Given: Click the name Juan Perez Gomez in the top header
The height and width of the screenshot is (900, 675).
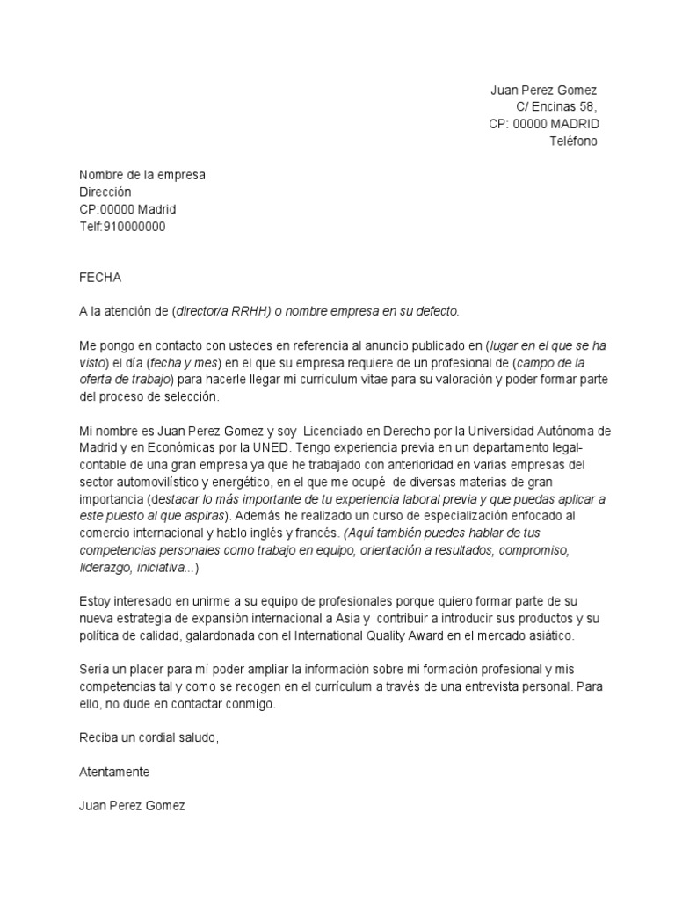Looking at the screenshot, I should (x=542, y=91).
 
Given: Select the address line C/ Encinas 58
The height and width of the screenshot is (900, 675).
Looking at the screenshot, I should (x=556, y=108).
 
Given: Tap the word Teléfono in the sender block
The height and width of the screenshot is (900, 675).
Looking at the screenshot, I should (x=573, y=142).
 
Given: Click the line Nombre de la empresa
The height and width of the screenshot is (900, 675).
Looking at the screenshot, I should (x=142, y=175).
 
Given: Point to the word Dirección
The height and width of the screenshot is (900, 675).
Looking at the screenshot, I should (x=105, y=192).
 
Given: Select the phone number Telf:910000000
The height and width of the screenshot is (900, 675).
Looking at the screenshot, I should (x=122, y=226).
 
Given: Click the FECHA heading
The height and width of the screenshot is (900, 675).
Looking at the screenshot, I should (x=100, y=277).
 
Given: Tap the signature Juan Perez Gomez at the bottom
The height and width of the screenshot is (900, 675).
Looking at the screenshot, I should (x=132, y=805).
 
